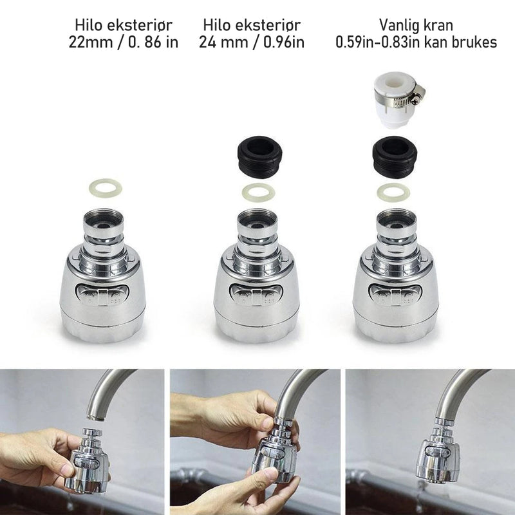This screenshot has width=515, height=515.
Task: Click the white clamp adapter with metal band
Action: point(398,100)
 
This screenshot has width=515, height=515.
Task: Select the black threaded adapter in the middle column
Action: point(259,156)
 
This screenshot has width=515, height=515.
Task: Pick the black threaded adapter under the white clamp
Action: point(395,157)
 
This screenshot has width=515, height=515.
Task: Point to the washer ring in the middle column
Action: point(258,194)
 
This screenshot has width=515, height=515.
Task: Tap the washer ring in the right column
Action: point(393,192)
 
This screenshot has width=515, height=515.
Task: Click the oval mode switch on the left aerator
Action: point(102,295)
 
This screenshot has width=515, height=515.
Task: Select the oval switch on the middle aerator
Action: point(256,295)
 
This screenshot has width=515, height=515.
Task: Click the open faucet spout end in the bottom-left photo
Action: point(96,417)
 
